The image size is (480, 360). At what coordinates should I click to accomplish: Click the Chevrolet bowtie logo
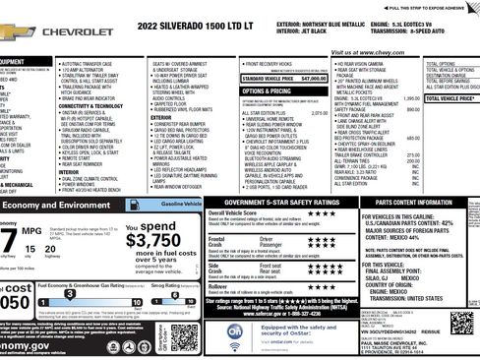point(12,26)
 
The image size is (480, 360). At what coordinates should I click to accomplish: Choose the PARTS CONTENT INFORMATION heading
point(413,175)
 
